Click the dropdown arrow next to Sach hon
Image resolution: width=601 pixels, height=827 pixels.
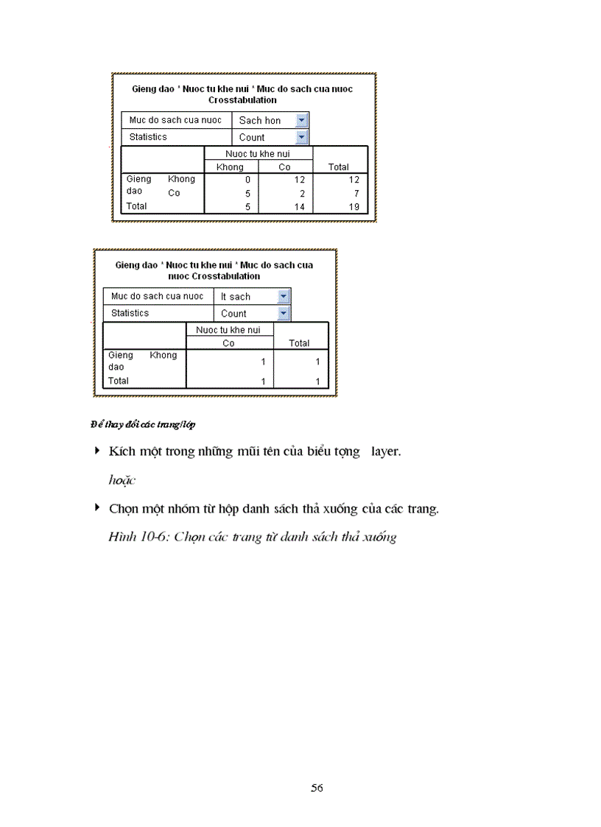301,120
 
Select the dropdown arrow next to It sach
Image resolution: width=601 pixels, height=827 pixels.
284,296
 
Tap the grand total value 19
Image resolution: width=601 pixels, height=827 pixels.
354,207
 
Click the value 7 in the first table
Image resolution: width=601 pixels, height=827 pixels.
356,193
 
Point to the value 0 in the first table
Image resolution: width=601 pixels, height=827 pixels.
248,180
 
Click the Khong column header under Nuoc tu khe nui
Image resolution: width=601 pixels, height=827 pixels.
230,167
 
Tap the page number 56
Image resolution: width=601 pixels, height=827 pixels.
317,788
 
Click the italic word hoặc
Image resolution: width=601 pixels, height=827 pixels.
122,479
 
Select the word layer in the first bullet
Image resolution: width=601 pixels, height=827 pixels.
385,451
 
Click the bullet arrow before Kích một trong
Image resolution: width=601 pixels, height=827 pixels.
96,450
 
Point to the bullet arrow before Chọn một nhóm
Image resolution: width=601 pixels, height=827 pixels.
96,507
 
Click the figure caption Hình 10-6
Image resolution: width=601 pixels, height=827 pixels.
253,537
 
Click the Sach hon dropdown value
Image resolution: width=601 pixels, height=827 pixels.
260,120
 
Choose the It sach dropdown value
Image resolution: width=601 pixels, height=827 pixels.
236,296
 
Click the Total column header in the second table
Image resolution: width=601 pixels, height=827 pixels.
299,343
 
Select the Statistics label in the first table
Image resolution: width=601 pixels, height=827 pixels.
148,137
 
